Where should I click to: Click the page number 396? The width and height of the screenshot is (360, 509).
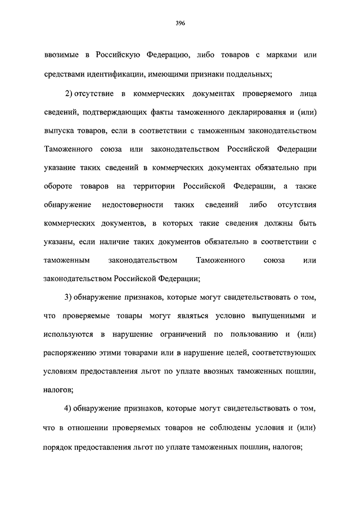point(180,23)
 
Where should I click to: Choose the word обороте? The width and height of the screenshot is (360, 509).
point(57,186)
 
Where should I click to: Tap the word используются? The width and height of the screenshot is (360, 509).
point(67,335)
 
